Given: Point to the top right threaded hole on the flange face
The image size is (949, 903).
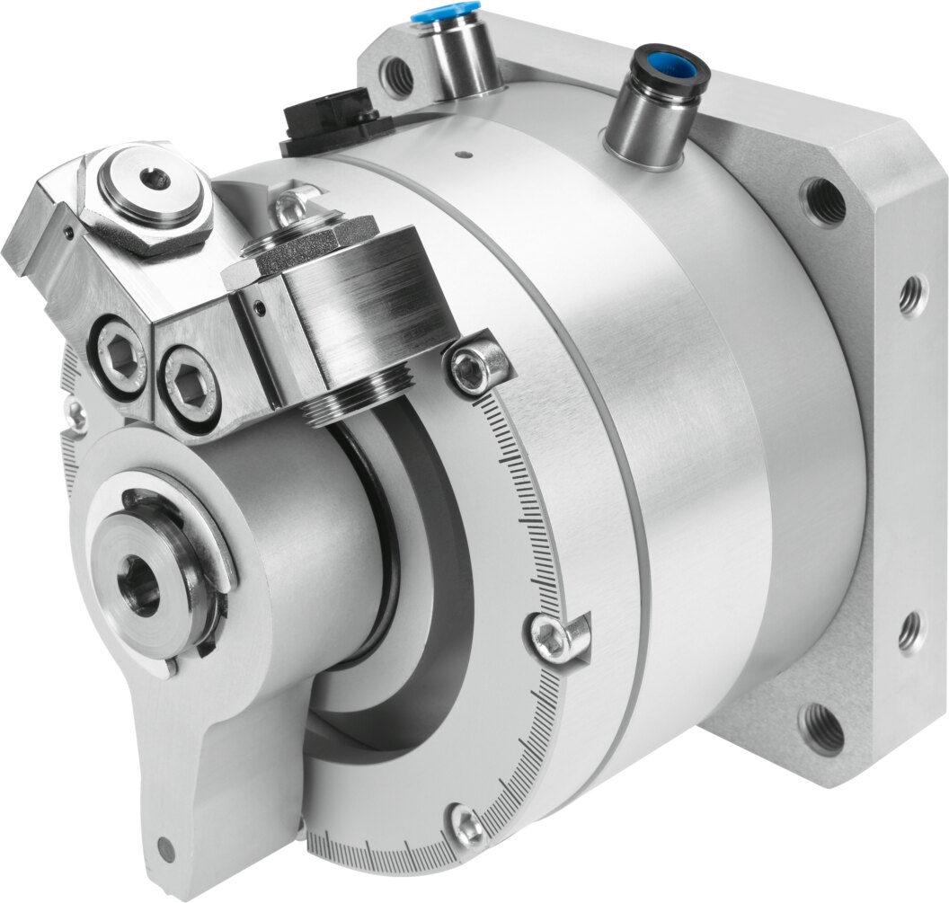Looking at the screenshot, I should [823, 201].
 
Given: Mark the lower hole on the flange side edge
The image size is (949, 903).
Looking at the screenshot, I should [909, 632].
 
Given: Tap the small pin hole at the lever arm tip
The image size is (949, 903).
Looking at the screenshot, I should [166, 845].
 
